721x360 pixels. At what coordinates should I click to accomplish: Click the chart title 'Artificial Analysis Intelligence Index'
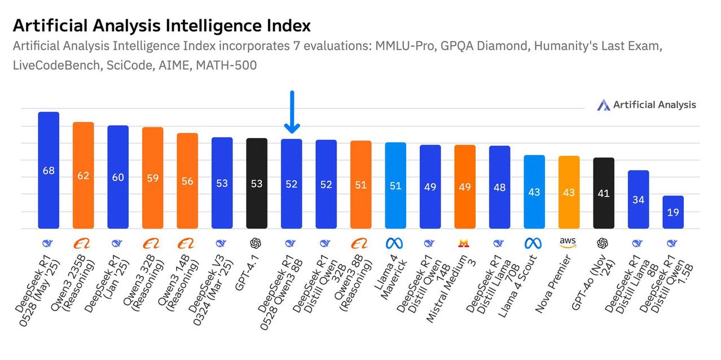tap(161, 25)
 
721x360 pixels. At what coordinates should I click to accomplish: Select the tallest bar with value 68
tap(49, 170)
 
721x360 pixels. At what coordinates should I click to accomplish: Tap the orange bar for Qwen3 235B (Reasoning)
tap(83, 175)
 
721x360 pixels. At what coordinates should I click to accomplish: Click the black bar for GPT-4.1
tap(257, 183)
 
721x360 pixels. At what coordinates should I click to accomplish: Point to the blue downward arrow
tap(292, 112)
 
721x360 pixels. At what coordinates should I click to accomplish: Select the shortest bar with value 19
tap(672, 212)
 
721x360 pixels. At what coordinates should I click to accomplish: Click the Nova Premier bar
tap(569, 192)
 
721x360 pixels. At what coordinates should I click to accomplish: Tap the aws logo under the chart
tap(568, 242)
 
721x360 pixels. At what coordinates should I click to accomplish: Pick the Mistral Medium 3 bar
tap(465, 186)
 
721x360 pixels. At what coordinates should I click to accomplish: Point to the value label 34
tap(638, 200)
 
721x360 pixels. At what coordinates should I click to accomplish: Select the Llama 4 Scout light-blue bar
tap(534, 192)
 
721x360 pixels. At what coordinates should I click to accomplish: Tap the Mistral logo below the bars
tap(464, 243)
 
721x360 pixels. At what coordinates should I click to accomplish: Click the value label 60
tap(118, 177)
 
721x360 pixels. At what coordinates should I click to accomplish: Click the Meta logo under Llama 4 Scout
tap(533, 243)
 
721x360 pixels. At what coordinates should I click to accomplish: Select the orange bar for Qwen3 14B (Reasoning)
tap(187, 181)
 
